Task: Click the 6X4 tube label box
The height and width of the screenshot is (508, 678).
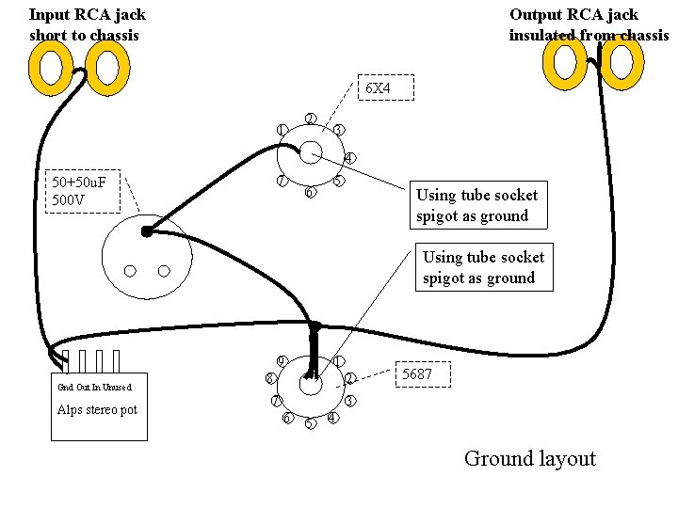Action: (x=386, y=87)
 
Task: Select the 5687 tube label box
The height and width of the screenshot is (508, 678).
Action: (x=423, y=374)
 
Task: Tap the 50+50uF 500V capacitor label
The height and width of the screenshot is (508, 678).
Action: (x=83, y=191)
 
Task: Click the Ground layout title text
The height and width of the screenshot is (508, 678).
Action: (x=530, y=459)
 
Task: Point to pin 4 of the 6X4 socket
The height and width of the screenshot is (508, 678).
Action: (x=349, y=158)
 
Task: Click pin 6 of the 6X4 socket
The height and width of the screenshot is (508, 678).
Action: (x=310, y=192)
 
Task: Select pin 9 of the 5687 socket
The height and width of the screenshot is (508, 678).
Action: (x=282, y=361)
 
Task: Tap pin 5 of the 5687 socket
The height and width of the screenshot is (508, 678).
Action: (x=311, y=423)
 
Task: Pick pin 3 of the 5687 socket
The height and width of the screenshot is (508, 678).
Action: (x=349, y=401)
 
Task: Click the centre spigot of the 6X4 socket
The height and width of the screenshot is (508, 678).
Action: (x=311, y=152)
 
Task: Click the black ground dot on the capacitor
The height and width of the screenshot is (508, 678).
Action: (x=147, y=232)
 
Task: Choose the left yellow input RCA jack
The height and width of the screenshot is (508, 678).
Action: (x=50, y=68)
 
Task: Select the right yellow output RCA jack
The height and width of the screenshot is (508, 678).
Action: (x=621, y=62)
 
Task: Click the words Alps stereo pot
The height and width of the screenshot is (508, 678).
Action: (x=97, y=409)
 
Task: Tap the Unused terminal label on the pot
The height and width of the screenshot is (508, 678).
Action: (x=117, y=387)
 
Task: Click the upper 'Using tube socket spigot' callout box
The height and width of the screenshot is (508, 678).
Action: (x=478, y=205)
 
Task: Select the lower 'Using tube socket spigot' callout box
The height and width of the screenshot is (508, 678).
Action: (x=484, y=267)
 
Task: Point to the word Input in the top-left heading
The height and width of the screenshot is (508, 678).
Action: (x=50, y=16)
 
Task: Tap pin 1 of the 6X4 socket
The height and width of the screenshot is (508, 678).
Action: (x=282, y=130)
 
